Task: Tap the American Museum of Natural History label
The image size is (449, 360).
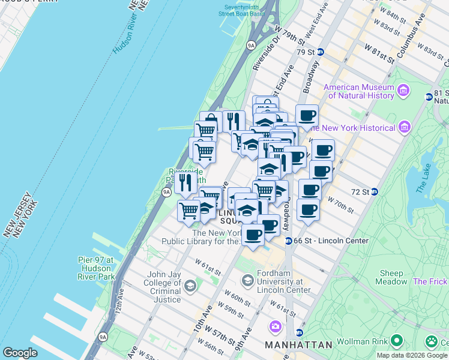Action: [358, 91]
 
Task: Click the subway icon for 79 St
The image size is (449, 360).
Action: [321, 52]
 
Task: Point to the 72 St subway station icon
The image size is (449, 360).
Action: [374, 191]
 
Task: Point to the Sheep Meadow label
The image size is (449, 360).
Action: [391, 277]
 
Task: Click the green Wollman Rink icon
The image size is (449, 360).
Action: [396, 341]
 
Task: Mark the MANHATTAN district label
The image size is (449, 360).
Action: [298, 345]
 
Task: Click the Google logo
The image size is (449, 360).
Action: [20, 353]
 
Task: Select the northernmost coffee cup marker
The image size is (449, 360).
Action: [307, 116]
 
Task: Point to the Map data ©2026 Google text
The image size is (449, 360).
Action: [412, 355]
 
